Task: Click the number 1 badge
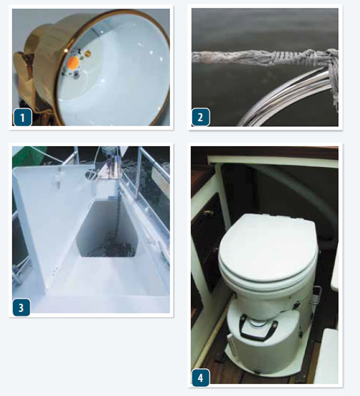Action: click(23, 117)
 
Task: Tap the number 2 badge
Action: click(201, 117)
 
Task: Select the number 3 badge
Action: click(21, 308)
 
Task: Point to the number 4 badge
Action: click(201, 377)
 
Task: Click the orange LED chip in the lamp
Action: click(74, 62)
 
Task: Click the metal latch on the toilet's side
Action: click(317, 295)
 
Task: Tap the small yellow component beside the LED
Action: click(88, 53)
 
